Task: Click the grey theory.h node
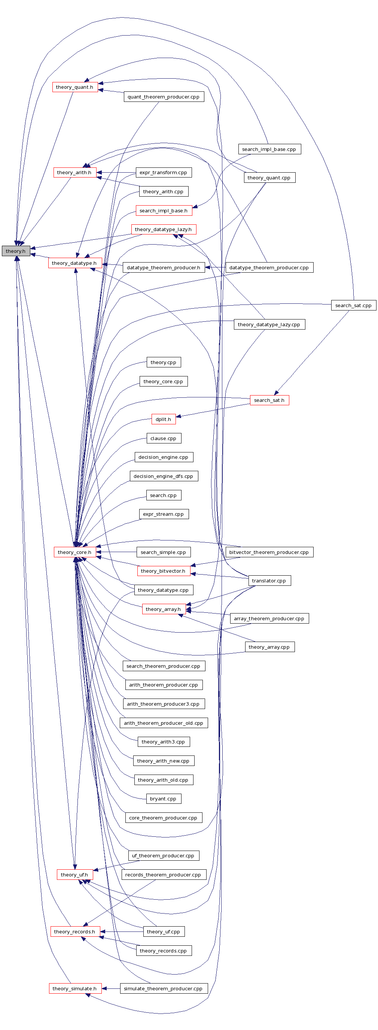(x=16, y=251)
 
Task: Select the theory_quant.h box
(x=75, y=87)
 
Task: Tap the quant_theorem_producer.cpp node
(x=164, y=97)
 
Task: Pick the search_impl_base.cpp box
(x=269, y=149)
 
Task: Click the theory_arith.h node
(x=74, y=172)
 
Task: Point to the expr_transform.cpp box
(x=164, y=172)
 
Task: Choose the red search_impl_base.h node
(x=164, y=211)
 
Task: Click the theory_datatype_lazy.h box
(x=164, y=230)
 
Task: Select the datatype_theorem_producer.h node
(x=164, y=267)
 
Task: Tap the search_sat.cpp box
(x=353, y=306)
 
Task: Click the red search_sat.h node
(x=269, y=400)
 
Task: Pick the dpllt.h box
(x=164, y=419)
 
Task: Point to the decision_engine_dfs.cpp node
(x=164, y=476)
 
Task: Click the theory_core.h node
(x=74, y=552)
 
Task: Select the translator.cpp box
(x=269, y=581)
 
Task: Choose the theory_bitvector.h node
(x=164, y=571)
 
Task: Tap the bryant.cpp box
(x=163, y=799)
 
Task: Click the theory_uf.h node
(x=74, y=875)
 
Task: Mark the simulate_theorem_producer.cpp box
(x=164, y=988)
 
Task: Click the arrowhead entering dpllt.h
(x=179, y=416)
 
